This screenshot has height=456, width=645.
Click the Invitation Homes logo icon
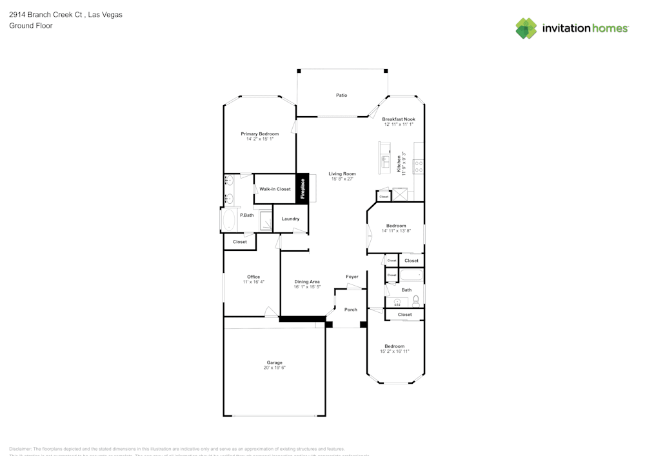526,28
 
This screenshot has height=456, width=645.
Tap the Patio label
341,95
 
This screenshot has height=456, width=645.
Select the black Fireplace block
302,189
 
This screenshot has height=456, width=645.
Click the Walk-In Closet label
275,190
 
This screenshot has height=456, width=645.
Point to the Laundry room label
290,219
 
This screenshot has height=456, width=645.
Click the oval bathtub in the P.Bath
228,219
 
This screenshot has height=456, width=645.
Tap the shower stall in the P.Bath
265,221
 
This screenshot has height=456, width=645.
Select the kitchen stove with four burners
418,167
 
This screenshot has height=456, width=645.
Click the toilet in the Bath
416,299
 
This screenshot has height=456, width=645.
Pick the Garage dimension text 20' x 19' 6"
274,368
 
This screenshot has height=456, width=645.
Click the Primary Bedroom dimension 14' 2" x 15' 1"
260,139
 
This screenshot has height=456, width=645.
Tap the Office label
253,277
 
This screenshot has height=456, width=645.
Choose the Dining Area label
307,282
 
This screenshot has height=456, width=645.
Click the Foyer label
352,277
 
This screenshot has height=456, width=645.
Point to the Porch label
350,310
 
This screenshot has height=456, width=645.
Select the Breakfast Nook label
399,119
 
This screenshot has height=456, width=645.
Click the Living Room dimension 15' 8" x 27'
342,179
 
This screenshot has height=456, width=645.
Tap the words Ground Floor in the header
31,26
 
